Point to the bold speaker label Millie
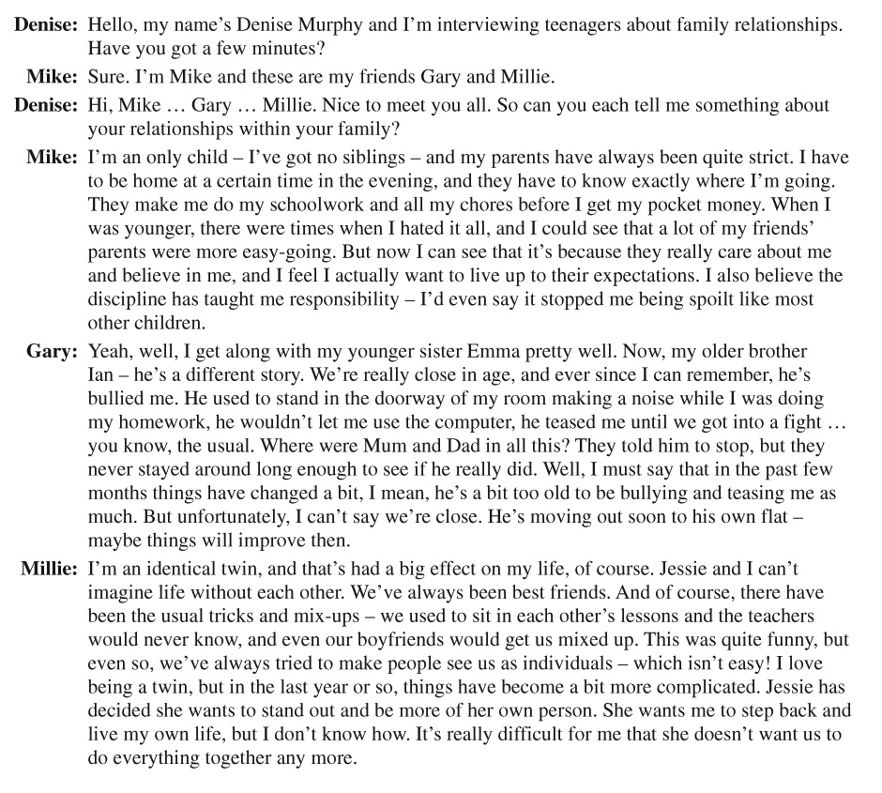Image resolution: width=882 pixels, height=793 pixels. pyautogui.click(x=49, y=569)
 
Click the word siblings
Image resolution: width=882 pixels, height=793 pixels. pyautogui.click(x=367, y=157)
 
